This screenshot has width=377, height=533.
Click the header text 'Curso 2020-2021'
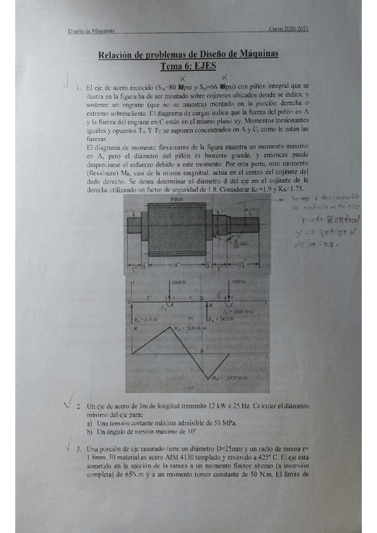tap(289, 29)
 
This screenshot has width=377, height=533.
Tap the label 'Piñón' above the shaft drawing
tap(177, 198)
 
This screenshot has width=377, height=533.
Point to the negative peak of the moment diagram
tap(210, 378)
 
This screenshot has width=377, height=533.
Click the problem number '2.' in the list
tap(78, 407)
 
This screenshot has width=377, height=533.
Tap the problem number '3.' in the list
tap(78, 449)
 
